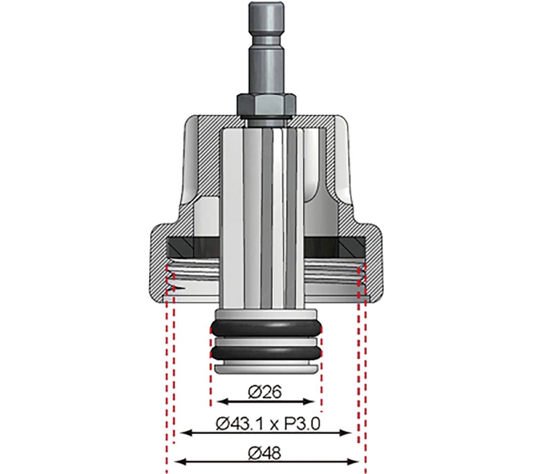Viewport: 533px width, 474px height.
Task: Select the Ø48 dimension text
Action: [265, 453]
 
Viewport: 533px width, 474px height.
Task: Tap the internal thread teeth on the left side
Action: [172, 277]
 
